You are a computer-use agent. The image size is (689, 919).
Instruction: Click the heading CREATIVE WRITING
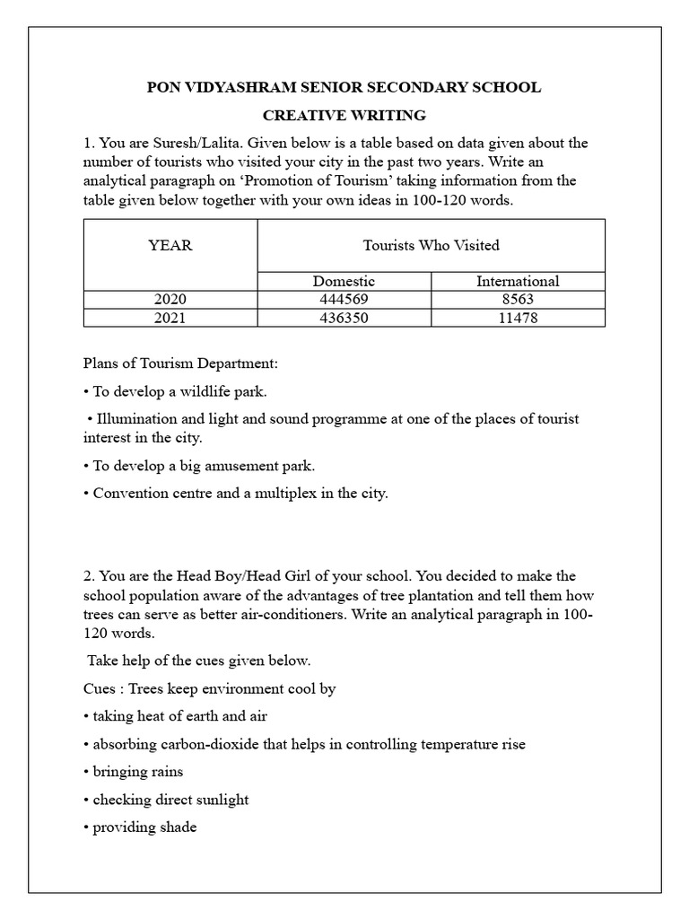tap(344, 116)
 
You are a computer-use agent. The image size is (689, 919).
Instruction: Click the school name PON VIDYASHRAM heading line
tap(344, 88)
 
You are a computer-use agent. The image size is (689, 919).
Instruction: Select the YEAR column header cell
tap(170, 245)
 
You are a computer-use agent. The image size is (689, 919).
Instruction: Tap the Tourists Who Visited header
tap(431, 245)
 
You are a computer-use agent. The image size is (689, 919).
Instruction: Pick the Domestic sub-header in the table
tap(344, 282)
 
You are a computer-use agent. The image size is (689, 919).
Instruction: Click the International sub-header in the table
tap(518, 282)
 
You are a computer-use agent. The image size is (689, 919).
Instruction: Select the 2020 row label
tap(170, 300)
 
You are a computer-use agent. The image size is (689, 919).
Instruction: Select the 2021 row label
tap(170, 318)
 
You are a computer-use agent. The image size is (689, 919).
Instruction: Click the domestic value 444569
tap(344, 300)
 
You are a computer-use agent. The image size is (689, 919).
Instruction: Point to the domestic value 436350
tap(344, 318)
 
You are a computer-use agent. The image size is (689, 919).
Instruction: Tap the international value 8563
tap(518, 300)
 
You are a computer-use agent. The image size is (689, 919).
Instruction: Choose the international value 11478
tap(518, 318)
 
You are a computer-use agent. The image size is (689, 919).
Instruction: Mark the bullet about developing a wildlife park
tap(180, 392)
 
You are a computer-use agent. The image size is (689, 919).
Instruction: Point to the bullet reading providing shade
tap(144, 827)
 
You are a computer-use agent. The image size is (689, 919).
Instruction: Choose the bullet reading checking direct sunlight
tap(170, 800)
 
